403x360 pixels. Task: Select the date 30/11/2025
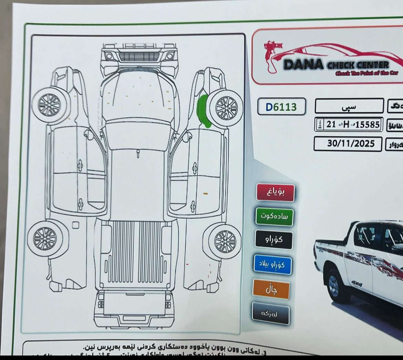348,144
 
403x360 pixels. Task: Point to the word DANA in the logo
303,64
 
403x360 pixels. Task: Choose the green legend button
275,217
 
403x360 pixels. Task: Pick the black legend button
274,240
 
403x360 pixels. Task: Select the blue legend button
272,264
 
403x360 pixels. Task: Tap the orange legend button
271,289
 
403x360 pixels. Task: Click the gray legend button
270,313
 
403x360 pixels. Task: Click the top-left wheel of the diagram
50,105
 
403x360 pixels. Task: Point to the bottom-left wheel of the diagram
45,238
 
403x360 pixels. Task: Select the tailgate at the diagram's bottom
134,303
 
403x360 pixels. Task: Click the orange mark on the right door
206,194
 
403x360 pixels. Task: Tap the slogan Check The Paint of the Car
366,73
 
